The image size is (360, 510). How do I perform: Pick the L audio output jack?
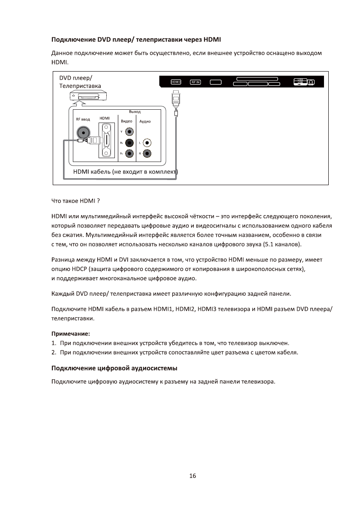tap(147, 143)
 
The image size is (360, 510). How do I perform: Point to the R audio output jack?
tap(147, 153)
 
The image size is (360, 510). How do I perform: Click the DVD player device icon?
tap(87, 97)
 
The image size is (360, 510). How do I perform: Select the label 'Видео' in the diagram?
tap(126, 121)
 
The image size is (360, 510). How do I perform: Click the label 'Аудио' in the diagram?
tap(145, 121)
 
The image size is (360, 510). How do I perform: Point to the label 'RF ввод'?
tap(83, 119)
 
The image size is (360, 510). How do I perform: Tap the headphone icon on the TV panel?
tap(311, 82)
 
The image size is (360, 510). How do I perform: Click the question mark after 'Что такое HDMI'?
tap(99, 201)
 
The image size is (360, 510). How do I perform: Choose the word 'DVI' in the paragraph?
tap(124, 260)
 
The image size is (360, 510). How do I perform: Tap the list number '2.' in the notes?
tap(54, 353)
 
